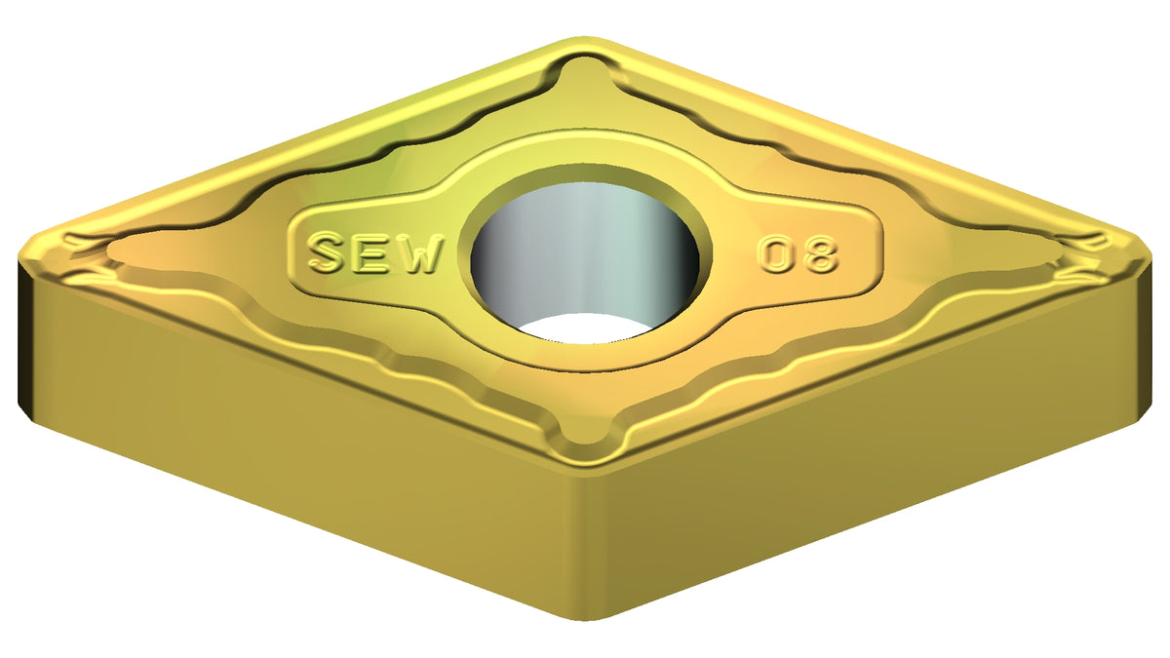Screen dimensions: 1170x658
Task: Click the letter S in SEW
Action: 328,252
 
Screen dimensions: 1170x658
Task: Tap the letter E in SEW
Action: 372,253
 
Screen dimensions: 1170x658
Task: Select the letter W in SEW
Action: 418,254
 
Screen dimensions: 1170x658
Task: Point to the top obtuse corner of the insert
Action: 585,39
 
